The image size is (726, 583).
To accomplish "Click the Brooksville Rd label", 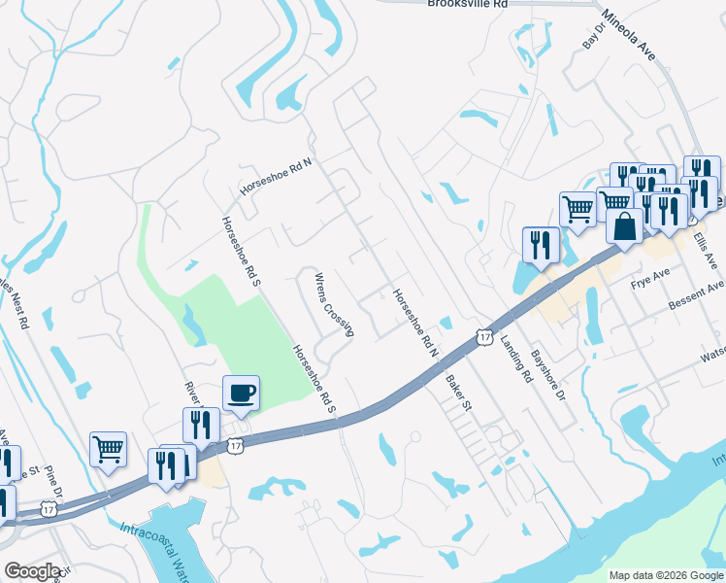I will [468, 4].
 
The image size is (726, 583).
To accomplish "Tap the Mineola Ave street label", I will [628, 35].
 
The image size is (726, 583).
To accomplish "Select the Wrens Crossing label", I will [333, 304].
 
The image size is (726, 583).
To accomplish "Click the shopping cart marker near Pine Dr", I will [108, 448].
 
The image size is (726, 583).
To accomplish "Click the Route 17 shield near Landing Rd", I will [484, 336].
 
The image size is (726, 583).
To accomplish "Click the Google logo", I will [33, 571].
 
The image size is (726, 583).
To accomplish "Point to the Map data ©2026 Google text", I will [665, 575].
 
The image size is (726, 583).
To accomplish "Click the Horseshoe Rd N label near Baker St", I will [416, 322].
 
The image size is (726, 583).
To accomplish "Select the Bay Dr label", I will [592, 38].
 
